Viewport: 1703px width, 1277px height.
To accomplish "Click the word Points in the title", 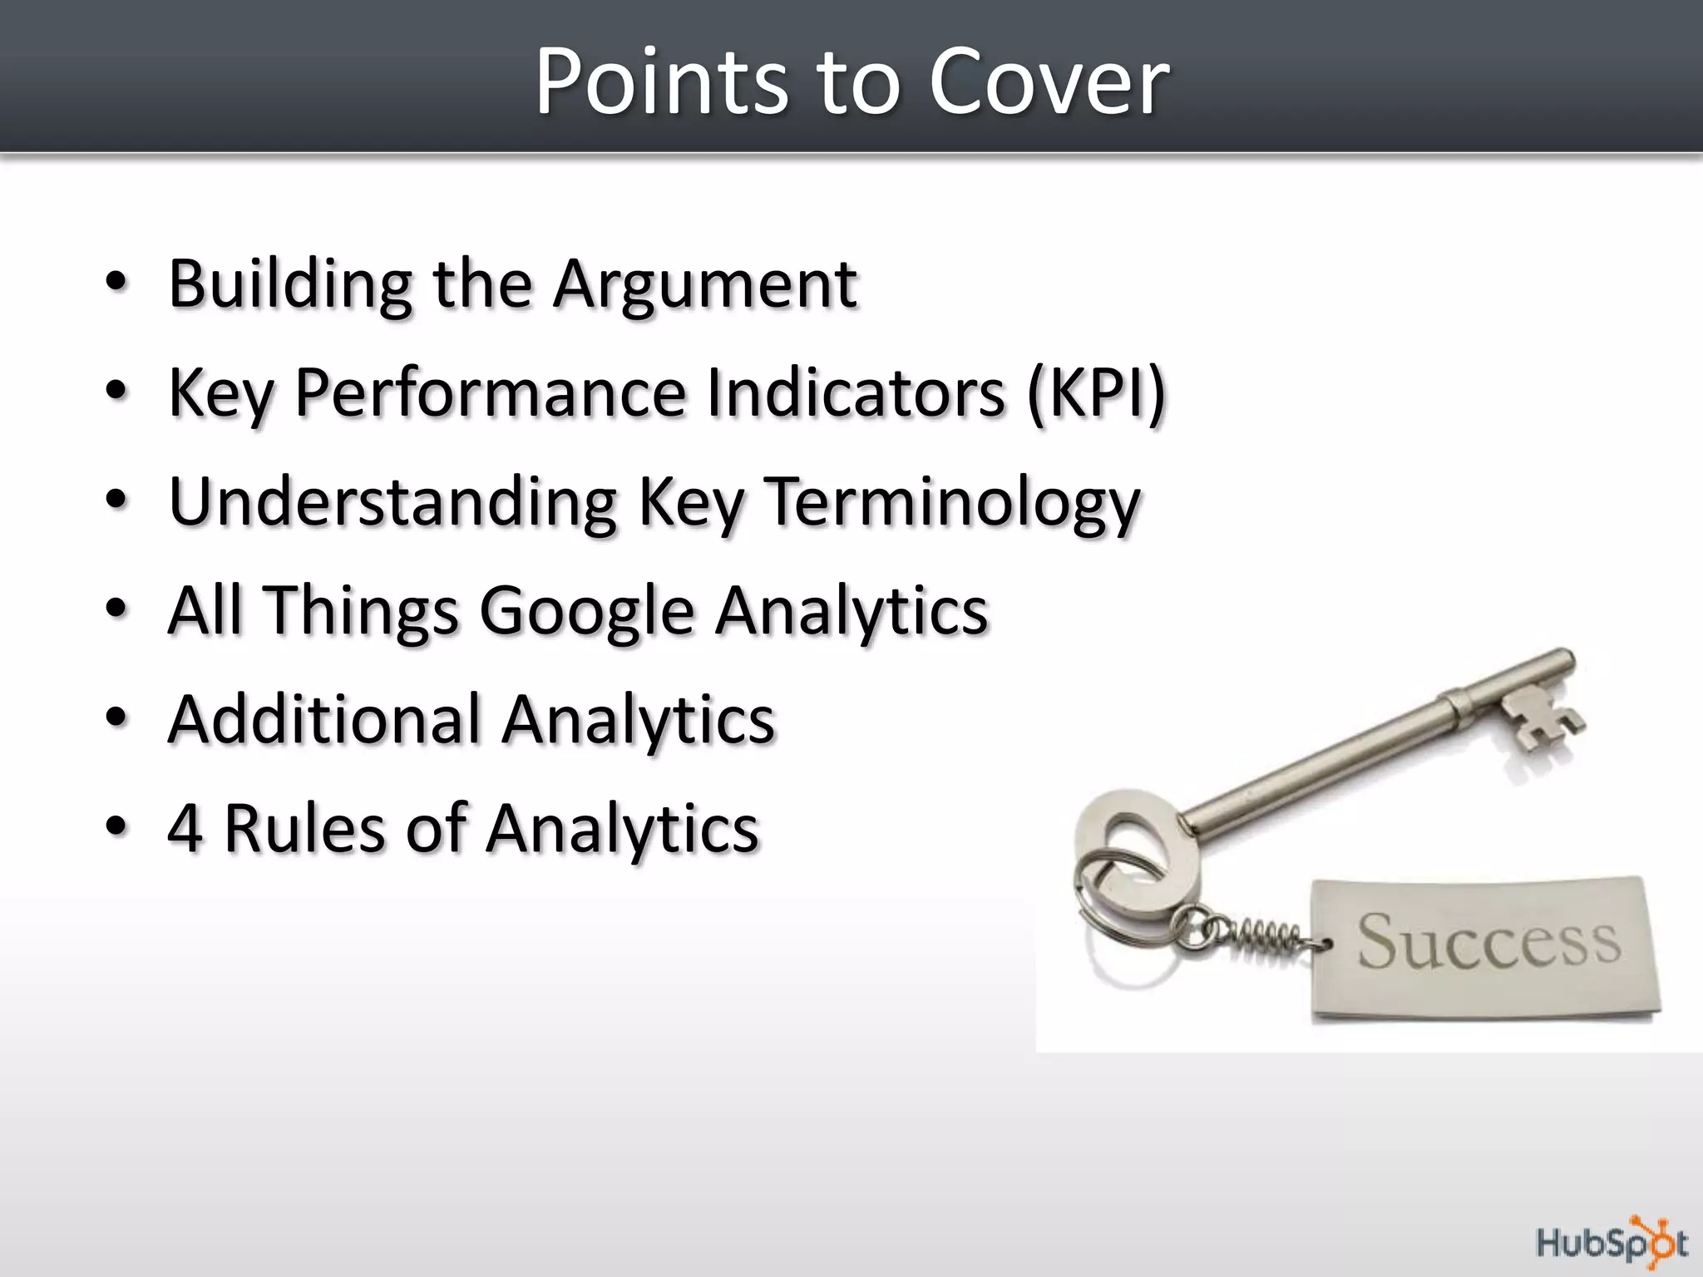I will coord(659,81).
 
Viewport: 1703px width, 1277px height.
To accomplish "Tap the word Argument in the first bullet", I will coord(704,284).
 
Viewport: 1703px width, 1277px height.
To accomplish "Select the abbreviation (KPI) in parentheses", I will coord(1096,392).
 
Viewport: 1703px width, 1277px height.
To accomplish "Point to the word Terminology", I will coord(950,502).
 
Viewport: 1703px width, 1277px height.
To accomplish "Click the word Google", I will coord(586,610).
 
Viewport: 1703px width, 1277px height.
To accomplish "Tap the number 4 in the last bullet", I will coord(185,828).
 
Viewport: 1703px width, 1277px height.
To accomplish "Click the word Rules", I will coord(304,828).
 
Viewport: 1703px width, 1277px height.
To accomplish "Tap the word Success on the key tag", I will coord(1488,942).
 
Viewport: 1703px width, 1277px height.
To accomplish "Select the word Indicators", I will coord(856,392).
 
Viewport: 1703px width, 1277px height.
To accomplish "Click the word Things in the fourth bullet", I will coord(360,610).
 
